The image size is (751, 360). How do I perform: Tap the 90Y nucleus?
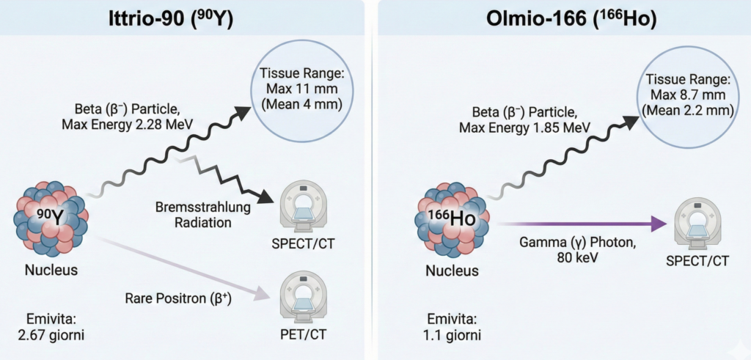pyautogui.click(x=51, y=216)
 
